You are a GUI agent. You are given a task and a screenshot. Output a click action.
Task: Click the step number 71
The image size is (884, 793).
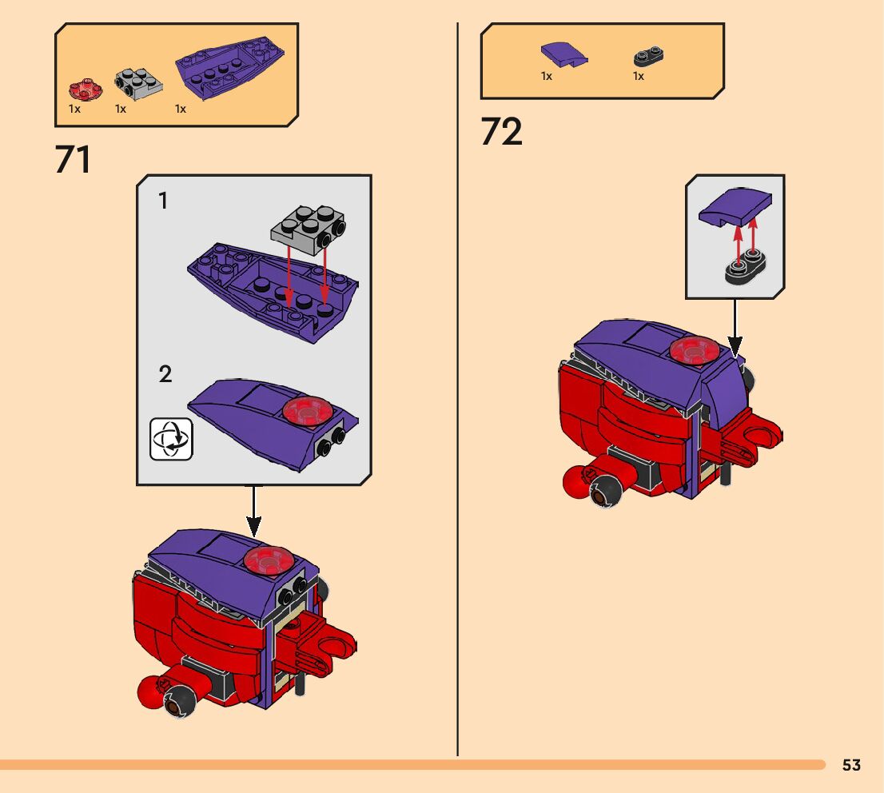[x=73, y=159]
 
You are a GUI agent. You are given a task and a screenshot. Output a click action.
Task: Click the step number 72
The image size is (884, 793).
[x=501, y=132]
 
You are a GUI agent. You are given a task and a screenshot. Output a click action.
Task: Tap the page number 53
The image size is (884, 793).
[x=851, y=765]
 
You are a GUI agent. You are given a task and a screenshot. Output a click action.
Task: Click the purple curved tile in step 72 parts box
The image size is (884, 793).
[x=563, y=54]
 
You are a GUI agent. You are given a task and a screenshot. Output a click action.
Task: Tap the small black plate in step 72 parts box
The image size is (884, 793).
[x=650, y=56]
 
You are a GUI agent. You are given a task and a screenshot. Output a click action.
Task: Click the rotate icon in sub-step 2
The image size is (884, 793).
[x=172, y=438]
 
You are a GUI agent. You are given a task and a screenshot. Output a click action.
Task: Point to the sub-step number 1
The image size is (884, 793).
[x=163, y=201]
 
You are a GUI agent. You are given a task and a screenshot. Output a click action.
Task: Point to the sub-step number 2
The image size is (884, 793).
[x=165, y=374]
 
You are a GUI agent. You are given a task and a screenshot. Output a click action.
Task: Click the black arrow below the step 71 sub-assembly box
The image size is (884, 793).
[x=253, y=512]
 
